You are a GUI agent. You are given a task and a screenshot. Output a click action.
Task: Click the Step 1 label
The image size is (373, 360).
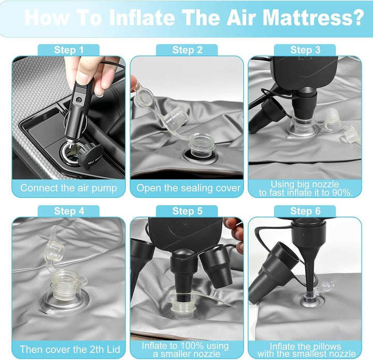point(69,50)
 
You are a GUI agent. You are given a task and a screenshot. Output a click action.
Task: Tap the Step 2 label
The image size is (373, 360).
point(187,50)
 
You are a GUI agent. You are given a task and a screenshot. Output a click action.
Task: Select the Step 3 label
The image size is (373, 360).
point(305,50)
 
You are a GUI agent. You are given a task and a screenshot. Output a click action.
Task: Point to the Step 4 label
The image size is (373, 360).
point(69,211)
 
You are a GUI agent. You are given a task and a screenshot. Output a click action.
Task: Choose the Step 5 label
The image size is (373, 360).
point(187,211)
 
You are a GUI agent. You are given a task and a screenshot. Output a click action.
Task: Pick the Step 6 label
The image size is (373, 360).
point(305,211)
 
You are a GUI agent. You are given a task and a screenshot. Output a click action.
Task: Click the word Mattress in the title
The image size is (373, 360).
point(313,18)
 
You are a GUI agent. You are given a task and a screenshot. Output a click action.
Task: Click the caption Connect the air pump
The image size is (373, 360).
point(68,188)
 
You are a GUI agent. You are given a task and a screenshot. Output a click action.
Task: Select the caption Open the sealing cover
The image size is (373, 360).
point(189,188)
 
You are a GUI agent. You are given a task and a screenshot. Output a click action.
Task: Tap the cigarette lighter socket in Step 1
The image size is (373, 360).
point(73,153)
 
